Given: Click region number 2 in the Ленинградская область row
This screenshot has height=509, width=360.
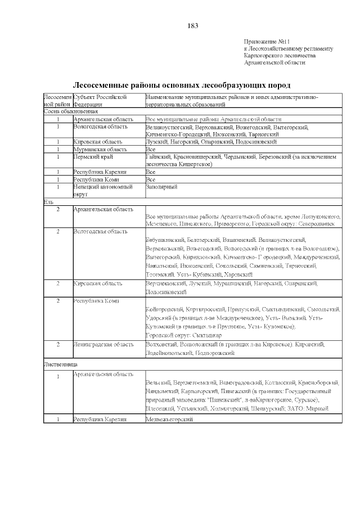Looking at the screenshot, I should tap(58, 344).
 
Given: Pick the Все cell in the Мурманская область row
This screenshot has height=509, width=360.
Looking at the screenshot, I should tap(150, 150).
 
